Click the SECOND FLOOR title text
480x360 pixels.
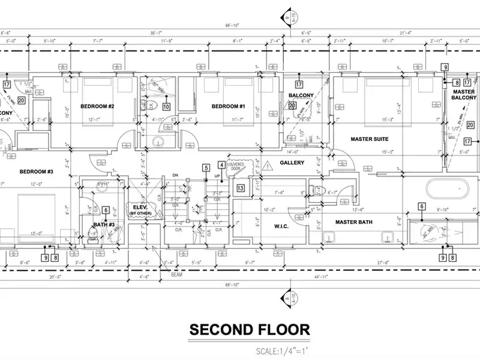pyautogui.click(x=250, y=329)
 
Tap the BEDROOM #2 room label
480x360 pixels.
pyautogui.click(x=97, y=106)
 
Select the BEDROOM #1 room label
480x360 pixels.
pyautogui.click(x=229, y=106)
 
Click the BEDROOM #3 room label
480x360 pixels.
pyautogui.click(x=37, y=172)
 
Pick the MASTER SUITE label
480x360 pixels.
pyautogui.click(x=370, y=139)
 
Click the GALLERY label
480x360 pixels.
pyautogui.click(x=292, y=163)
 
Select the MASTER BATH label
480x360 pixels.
pyautogui.click(x=354, y=223)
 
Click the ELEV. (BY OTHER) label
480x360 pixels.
pyautogui.click(x=140, y=209)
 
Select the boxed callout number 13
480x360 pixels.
pyautogui.click(x=240, y=188)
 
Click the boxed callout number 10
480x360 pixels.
pyautogui.click(x=166, y=107)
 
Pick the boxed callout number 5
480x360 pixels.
pyautogui.click(x=206, y=168)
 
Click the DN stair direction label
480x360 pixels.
pyautogui.click(x=175, y=176)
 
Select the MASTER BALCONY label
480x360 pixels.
pyautogui.click(x=464, y=95)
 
